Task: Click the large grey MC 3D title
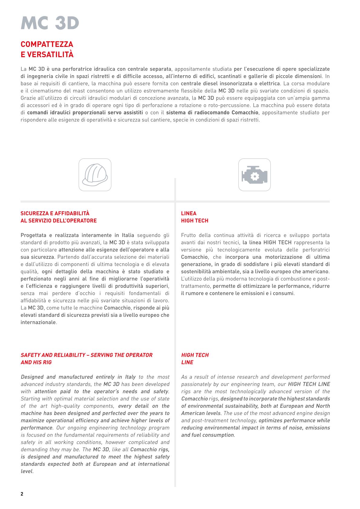[x=50, y=23]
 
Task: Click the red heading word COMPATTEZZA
[x=47, y=44]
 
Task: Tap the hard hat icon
[x=95, y=175]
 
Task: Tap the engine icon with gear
[x=254, y=175]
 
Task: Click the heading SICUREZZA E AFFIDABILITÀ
[x=55, y=214]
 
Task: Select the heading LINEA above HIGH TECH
[x=189, y=214]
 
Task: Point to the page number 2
[x=22, y=494]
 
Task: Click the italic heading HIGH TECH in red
[x=195, y=355]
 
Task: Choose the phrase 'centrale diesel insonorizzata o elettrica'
[x=230, y=83]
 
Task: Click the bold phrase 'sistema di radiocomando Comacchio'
[x=212, y=113]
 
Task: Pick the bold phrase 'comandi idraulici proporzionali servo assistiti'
[x=85, y=113]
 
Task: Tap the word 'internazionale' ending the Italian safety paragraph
[x=38, y=322]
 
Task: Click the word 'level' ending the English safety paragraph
[x=26, y=471]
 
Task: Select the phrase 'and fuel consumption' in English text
[x=208, y=435]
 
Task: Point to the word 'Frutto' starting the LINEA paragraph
[x=188, y=235]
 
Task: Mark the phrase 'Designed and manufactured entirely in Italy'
[x=78, y=377]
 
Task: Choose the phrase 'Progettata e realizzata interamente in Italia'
[x=77, y=235]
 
